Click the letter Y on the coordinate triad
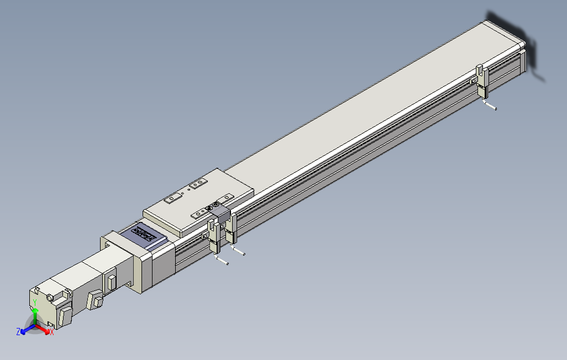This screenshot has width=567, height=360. (x=34, y=302)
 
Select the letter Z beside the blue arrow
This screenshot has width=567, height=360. (x=18, y=331)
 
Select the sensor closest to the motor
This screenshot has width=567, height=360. (x=213, y=236)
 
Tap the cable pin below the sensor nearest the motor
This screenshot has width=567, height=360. (x=222, y=260)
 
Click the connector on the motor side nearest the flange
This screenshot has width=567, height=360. (x=111, y=282)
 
